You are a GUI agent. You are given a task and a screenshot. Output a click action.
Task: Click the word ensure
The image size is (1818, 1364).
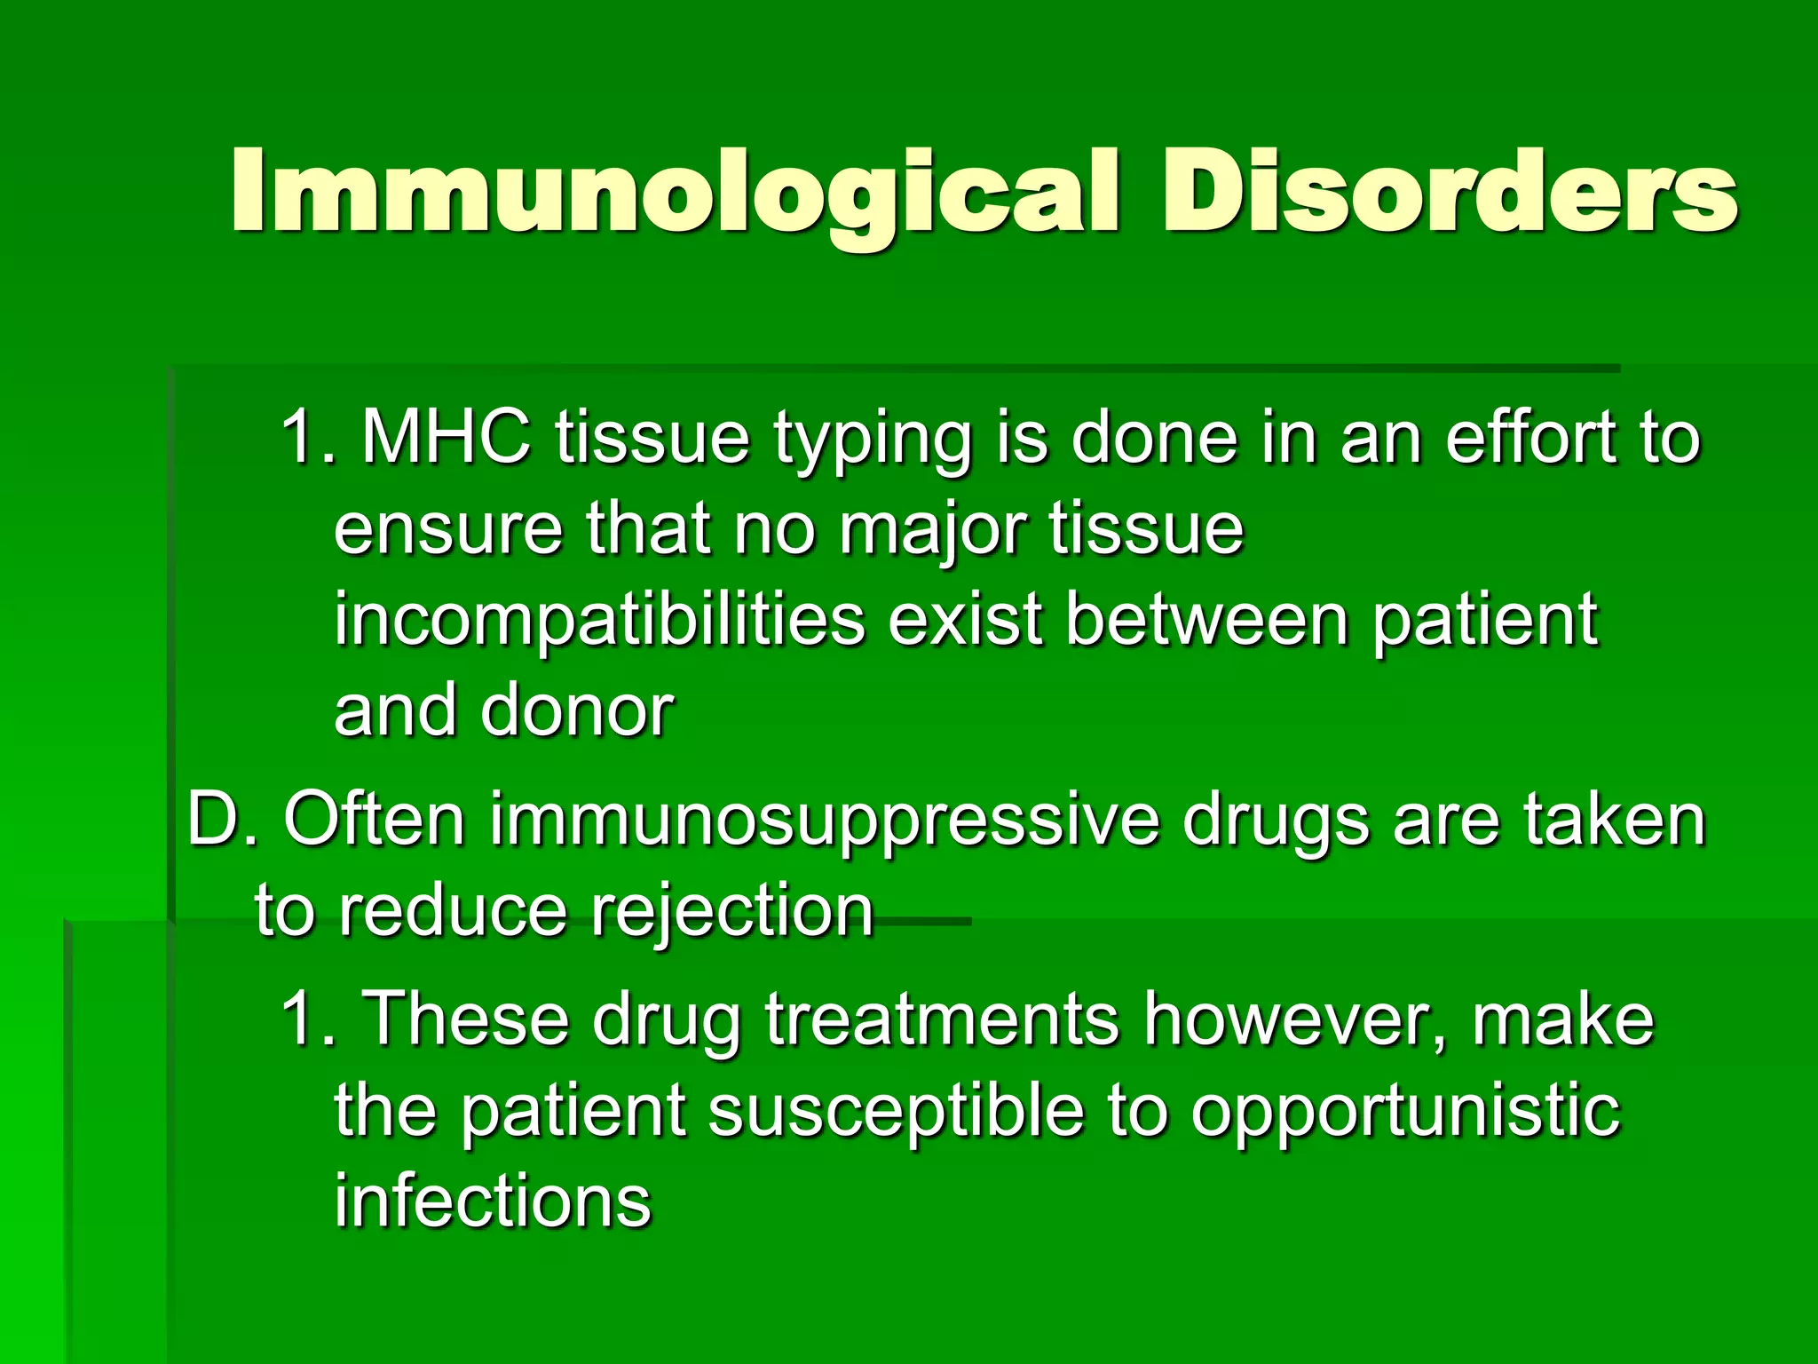tap(448, 530)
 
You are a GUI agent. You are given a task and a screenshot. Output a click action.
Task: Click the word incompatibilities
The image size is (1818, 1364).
tap(599, 621)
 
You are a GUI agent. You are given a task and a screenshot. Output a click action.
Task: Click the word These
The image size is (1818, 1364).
tap(466, 1019)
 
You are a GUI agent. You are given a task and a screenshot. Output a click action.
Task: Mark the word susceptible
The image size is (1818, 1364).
tap(897, 1112)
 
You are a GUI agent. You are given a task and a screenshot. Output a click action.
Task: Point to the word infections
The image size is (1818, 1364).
tap(493, 1201)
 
